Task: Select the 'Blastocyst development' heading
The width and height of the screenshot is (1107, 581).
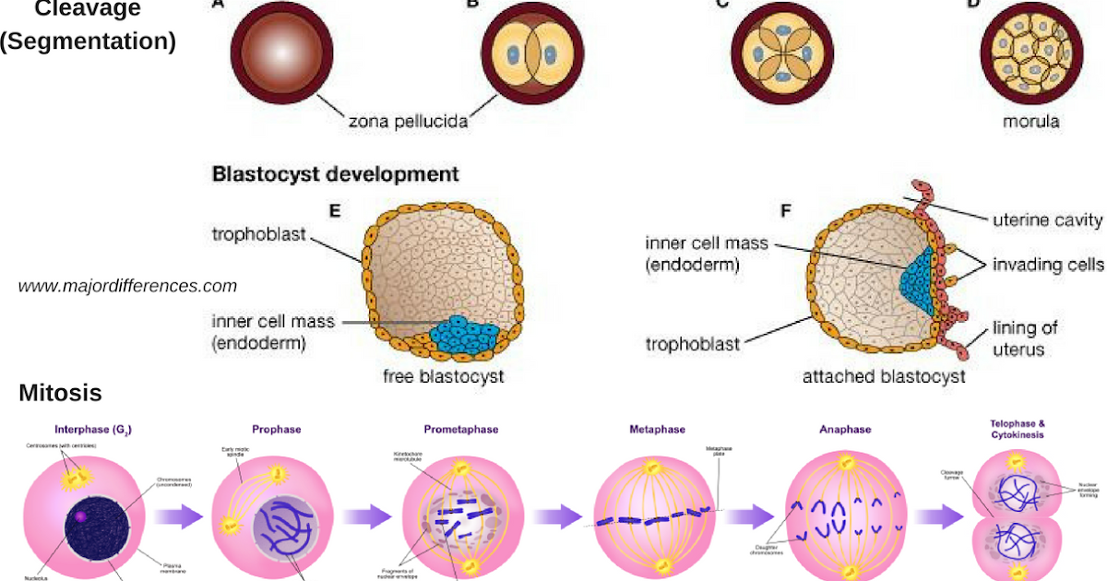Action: coord(336,173)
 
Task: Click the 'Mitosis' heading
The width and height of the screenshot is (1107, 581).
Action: coord(60,394)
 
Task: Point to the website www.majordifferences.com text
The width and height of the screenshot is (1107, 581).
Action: coord(127,286)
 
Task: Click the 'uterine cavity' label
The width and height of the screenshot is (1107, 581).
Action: coord(1047,219)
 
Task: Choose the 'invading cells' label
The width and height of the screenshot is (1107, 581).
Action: coord(1047,265)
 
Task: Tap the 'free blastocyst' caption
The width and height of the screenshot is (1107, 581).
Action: coord(444,376)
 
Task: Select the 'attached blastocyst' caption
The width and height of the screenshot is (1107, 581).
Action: coord(884,376)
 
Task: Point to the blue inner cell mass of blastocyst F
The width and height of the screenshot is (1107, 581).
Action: coord(916,282)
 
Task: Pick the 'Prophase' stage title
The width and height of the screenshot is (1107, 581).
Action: coord(276,430)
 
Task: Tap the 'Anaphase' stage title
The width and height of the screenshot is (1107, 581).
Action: coord(844,430)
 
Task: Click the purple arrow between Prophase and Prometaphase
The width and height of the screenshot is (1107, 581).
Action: coord(366,516)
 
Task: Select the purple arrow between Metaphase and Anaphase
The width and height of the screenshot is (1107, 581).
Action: coord(747,516)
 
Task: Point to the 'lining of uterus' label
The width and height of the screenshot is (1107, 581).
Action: coord(1024,338)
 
